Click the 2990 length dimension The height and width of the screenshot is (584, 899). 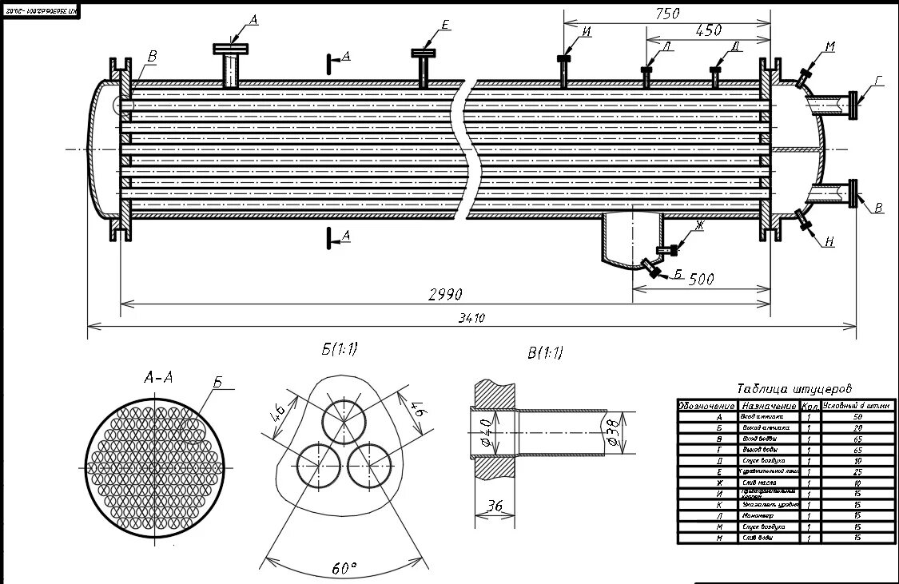445,294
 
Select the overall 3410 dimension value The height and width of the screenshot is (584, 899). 471,318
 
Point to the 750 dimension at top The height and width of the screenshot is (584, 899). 666,13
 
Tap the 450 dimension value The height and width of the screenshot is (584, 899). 708,30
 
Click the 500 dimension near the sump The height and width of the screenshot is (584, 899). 700,279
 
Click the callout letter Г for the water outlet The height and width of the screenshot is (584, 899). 878,81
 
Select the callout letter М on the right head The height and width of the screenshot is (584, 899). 829,47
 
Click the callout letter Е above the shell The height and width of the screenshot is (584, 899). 444,26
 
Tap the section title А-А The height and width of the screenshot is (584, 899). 158,378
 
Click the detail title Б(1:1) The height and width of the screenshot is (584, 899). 340,349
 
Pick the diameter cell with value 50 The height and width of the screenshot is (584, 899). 857,416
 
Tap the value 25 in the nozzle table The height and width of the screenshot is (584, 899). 857,472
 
